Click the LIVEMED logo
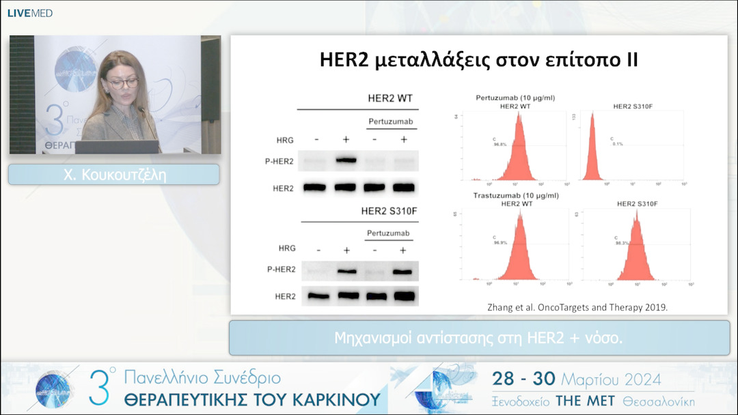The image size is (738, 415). coord(30,13)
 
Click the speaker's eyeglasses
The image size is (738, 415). coord(123,83)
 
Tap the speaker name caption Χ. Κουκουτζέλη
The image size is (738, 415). coord(113,175)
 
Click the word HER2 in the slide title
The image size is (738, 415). coord(344,59)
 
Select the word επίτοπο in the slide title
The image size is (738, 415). coord(574,59)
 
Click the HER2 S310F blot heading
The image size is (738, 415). coord(389,211)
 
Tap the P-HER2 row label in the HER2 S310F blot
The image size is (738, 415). coord(282,270)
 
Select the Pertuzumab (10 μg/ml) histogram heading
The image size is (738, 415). coord(515,98)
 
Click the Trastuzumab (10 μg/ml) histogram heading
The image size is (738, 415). coord(517,195)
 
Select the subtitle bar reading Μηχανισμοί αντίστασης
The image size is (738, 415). coord(478,337)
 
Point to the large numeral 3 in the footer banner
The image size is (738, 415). coord(100,388)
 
